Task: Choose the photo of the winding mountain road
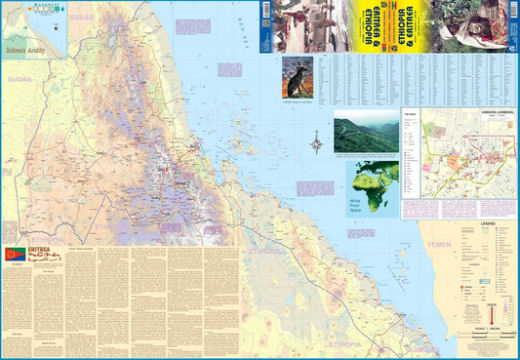click(x=365, y=135)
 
